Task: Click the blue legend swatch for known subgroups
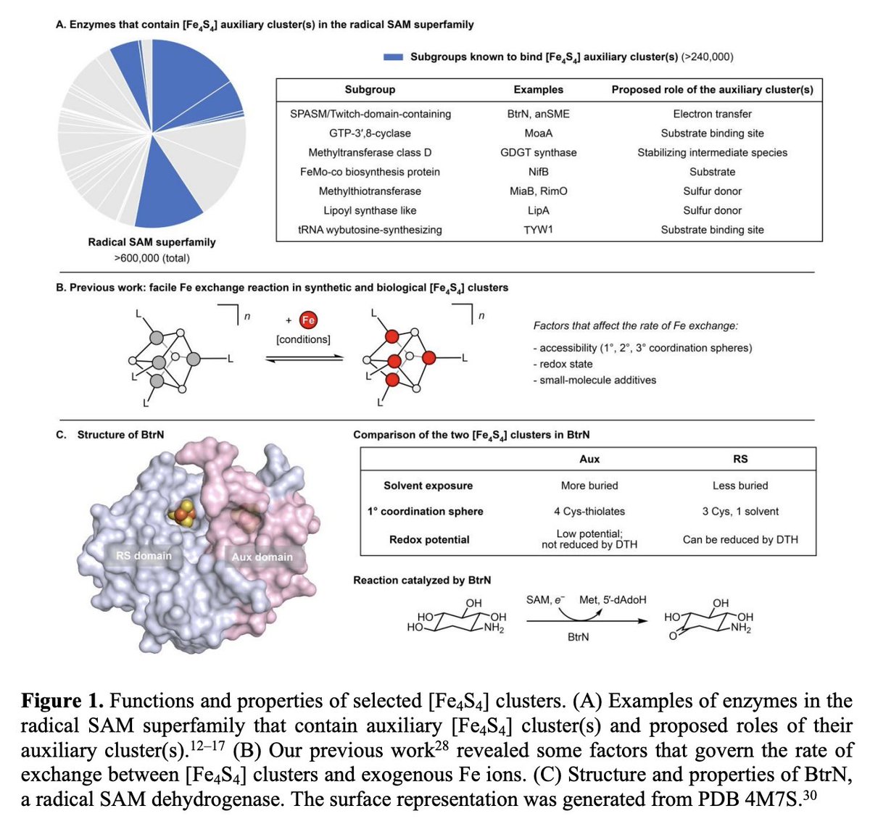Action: pyautogui.click(x=393, y=57)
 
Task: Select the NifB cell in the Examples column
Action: pyautogui.click(x=538, y=172)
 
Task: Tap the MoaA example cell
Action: pyautogui.click(x=538, y=133)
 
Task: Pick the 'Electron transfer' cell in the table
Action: pyautogui.click(x=712, y=114)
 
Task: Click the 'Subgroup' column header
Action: pyautogui.click(x=370, y=90)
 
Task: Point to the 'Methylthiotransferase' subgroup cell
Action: pyautogui.click(x=370, y=191)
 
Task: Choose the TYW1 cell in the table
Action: pyautogui.click(x=538, y=230)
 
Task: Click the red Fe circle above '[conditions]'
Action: pyautogui.click(x=308, y=320)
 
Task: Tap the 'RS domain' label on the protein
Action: pyautogui.click(x=144, y=556)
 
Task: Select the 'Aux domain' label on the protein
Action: pyautogui.click(x=262, y=557)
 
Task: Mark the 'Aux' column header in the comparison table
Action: pyautogui.click(x=589, y=459)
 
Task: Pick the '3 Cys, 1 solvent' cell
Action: pyautogui.click(x=740, y=512)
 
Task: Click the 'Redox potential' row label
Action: pyautogui.click(x=429, y=540)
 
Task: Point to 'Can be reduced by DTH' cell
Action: pyautogui.click(x=740, y=540)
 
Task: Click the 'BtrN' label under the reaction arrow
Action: pyautogui.click(x=578, y=637)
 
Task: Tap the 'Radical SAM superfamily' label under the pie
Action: pyautogui.click(x=152, y=242)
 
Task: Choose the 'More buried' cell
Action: pyautogui.click(x=589, y=486)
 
